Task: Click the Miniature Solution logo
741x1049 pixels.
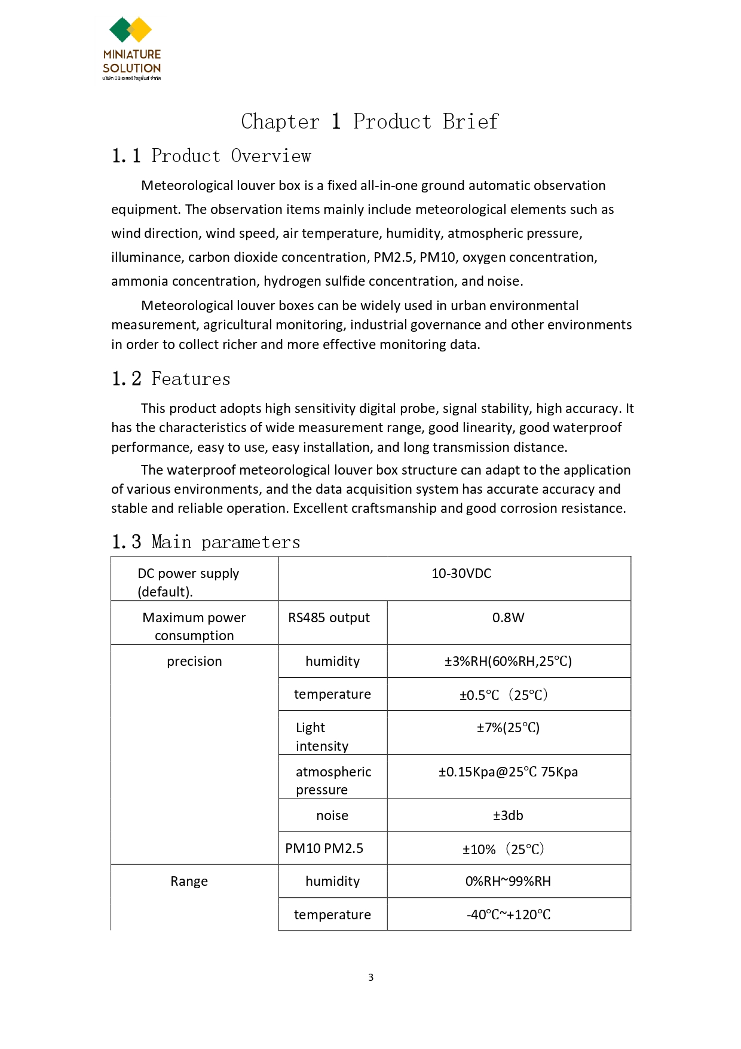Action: pyautogui.click(x=131, y=48)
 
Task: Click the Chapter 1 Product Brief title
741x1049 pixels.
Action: pyautogui.click(x=369, y=121)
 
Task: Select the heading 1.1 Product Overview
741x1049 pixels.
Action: pyautogui.click(x=211, y=156)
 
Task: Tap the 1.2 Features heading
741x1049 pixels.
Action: pyautogui.click(x=171, y=379)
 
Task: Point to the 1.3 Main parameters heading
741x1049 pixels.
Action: pyautogui.click(x=206, y=542)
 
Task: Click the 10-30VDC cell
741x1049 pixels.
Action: pyautogui.click(x=461, y=574)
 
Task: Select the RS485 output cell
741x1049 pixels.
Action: pyautogui.click(x=329, y=618)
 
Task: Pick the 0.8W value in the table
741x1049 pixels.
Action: pyautogui.click(x=508, y=618)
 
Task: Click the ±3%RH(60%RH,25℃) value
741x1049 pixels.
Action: pyautogui.click(x=508, y=662)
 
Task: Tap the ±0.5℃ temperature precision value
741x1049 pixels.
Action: pyautogui.click(x=504, y=695)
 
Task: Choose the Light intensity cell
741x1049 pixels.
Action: pyautogui.click(x=321, y=737)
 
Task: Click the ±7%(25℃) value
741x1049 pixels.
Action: pyautogui.click(x=508, y=728)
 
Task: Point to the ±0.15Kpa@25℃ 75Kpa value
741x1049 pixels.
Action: pyautogui.click(x=508, y=772)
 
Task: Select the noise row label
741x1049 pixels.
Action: pyautogui.click(x=332, y=816)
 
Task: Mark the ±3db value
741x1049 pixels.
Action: pyautogui.click(x=508, y=816)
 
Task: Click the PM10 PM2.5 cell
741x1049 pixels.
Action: pyautogui.click(x=324, y=849)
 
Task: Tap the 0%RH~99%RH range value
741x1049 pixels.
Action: pyautogui.click(x=508, y=882)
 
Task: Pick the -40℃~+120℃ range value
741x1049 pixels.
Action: pyautogui.click(x=508, y=915)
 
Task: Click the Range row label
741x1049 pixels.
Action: pyautogui.click(x=189, y=882)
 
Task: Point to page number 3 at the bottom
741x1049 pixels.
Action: pyautogui.click(x=370, y=978)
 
